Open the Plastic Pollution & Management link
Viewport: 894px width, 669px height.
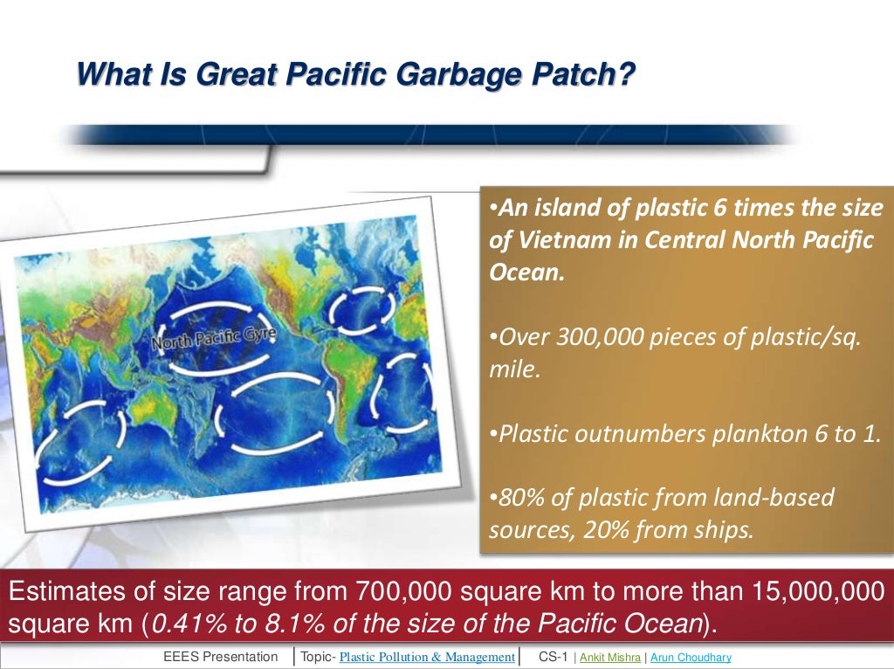point(427,657)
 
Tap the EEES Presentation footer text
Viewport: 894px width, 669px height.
point(220,657)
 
